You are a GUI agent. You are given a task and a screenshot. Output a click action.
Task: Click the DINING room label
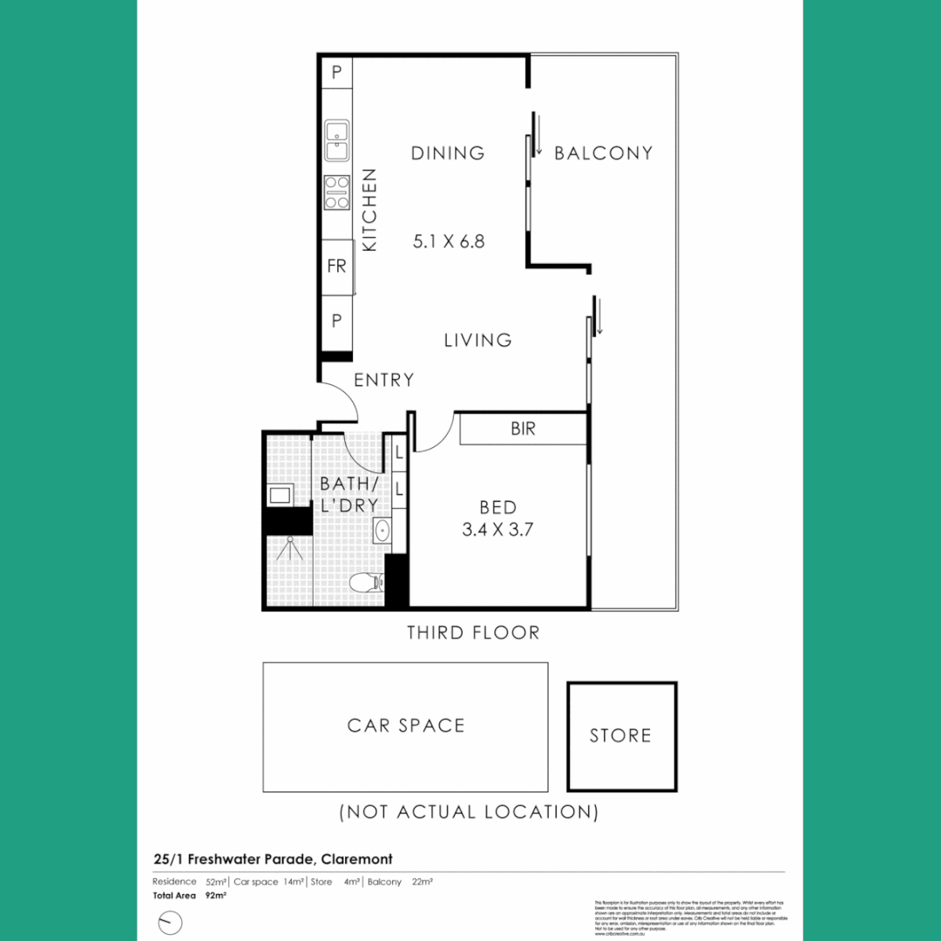click(x=448, y=153)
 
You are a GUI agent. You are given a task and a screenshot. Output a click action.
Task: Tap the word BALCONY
click(x=603, y=153)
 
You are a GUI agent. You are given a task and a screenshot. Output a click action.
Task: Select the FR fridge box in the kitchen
click(x=336, y=267)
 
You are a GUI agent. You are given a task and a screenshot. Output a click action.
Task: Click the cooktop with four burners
click(x=336, y=193)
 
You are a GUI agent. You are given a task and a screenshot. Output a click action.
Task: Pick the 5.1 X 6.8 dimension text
click(x=448, y=241)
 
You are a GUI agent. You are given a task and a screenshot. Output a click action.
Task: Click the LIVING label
click(x=477, y=341)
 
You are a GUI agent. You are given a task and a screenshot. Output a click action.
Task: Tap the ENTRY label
click(x=383, y=381)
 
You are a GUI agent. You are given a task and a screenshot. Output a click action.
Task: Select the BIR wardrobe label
click(x=523, y=429)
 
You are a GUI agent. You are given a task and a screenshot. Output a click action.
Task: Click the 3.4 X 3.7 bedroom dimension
click(x=498, y=528)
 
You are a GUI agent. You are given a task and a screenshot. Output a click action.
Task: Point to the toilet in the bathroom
click(x=363, y=582)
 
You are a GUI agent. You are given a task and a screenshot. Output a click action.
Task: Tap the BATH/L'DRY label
click(x=349, y=494)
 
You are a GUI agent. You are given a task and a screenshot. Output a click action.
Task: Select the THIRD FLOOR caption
click(x=473, y=633)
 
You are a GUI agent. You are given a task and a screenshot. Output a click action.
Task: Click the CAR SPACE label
click(x=406, y=726)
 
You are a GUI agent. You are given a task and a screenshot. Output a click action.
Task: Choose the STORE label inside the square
click(x=620, y=736)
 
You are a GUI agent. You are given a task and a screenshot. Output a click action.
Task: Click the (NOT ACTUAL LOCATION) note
click(x=469, y=812)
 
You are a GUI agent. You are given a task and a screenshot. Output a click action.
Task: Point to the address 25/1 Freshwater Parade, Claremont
click(x=272, y=859)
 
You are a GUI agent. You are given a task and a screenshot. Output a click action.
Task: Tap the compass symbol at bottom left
click(x=170, y=921)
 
